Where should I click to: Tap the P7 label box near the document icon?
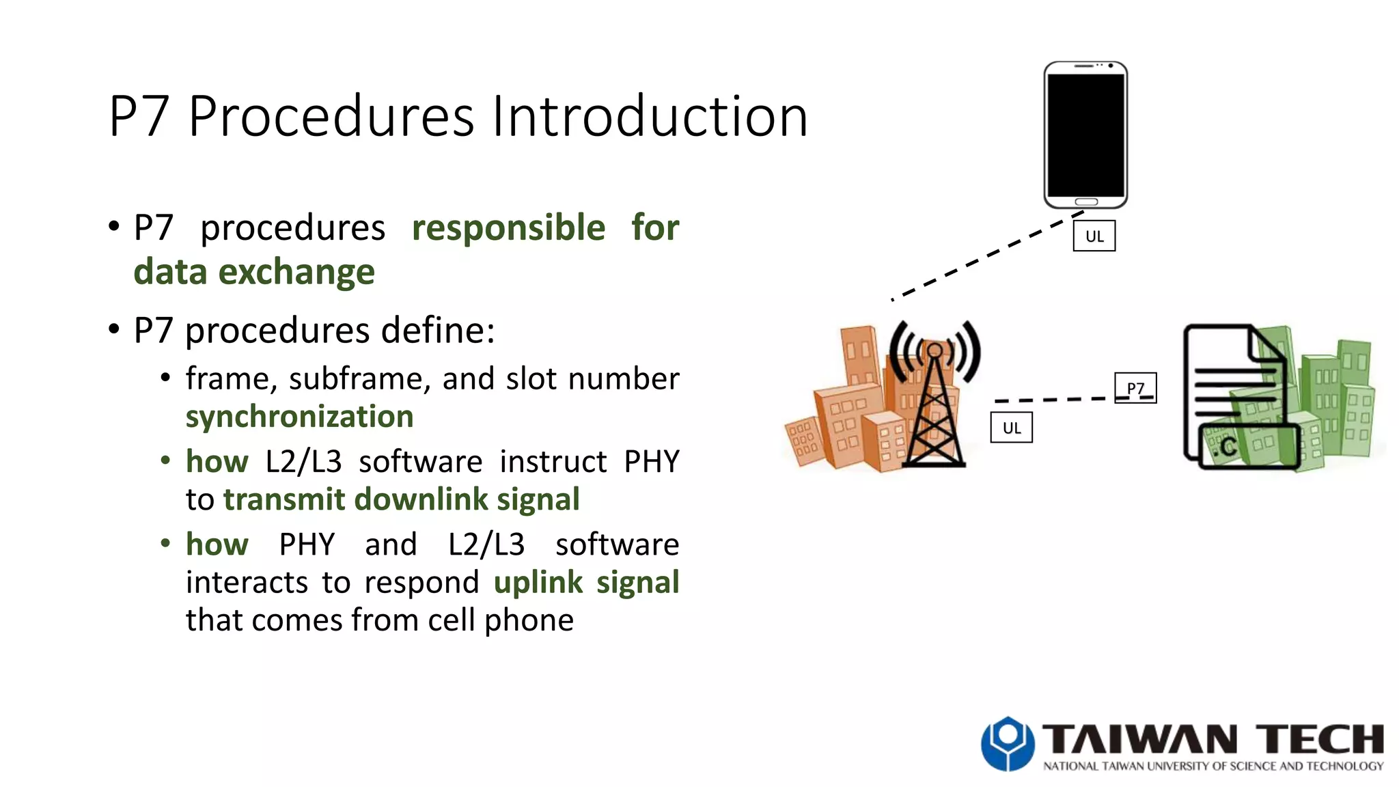coord(1135,387)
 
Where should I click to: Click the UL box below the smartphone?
coord(1094,236)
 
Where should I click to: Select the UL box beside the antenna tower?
coord(1011,428)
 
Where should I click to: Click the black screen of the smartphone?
coord(1085,135)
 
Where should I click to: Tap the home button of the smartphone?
coord(1086,202)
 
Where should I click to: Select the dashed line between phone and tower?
coord(984,258)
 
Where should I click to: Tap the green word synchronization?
coord(299,417)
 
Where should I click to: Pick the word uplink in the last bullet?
coord(538,583)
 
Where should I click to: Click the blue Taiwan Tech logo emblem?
coord(1008,743)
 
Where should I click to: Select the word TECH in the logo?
coord(1319,740)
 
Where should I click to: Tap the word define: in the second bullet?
coord(437,331)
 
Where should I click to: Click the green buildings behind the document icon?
coord(1332,403)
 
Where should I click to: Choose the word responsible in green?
coord(508,227)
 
